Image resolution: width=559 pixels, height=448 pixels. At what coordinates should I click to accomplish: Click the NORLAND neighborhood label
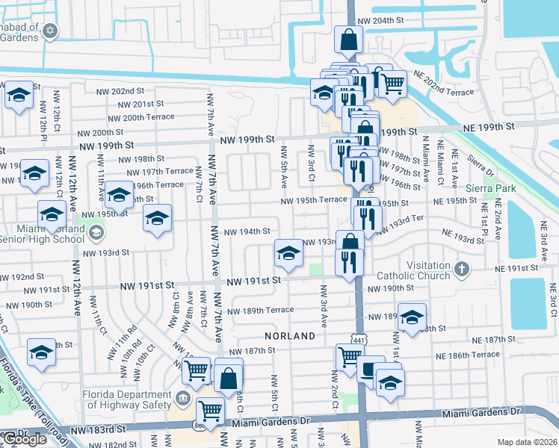tap(290, 336)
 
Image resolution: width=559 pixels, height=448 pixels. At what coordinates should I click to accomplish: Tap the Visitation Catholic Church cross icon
tap(462, 268)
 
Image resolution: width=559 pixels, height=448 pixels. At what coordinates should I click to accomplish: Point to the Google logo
tap(24, 439)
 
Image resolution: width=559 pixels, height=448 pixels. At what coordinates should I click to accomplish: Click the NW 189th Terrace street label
tap(260, 311)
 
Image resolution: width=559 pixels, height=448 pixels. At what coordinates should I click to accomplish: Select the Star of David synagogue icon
tap(50, 31)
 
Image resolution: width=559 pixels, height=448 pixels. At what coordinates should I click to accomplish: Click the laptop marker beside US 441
tap(370, 368)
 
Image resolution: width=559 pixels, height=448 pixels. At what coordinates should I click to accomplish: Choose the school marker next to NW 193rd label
tap(288, 253)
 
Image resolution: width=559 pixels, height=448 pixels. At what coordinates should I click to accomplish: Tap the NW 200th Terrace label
tap(140, 117)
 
